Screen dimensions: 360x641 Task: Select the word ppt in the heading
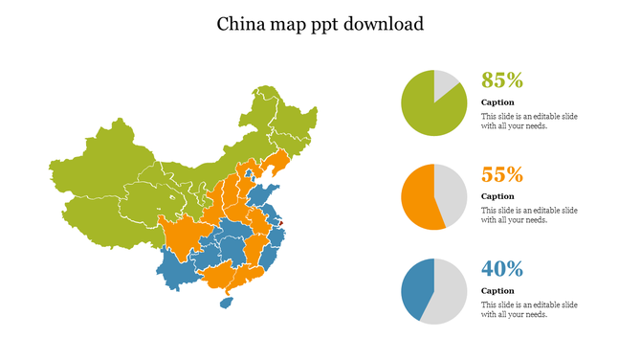coord(322,25)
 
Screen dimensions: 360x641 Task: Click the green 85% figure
coord(501,80)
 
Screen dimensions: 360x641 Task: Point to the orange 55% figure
coord(501,174)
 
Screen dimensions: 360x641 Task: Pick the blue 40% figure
coord(501,268)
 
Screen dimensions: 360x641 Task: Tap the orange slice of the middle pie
coord(419,197)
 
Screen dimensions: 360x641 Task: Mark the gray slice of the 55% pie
coord(453,196)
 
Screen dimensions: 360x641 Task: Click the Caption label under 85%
coord(497,102)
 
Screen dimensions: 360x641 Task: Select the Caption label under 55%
coord(497,196)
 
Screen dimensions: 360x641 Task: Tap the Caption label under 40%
coord(497,290)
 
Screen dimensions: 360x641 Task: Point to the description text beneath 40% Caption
coord(529,309)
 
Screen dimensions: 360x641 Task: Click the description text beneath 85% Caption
coord(529,121)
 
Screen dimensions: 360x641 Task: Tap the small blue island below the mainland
coord(227,303)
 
